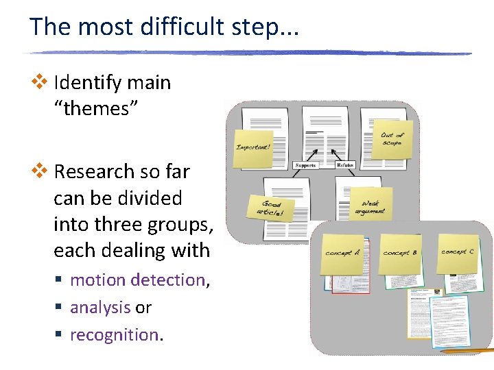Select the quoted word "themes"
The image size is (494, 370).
[96, 108]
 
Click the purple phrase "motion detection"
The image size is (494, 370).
[137, 280]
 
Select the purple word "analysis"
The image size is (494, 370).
[100, 308]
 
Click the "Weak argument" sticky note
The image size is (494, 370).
[370, 206]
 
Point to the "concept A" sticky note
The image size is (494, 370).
[343, 253]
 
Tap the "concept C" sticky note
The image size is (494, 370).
[458, 251]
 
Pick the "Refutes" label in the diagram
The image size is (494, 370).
[345, 165]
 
